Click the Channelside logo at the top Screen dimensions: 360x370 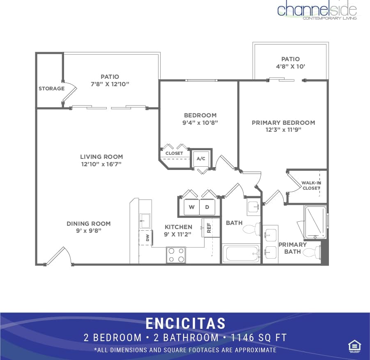pyautogui.click(x=317, y=10)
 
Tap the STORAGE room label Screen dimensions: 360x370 pyautogui.click(x=51, y=89)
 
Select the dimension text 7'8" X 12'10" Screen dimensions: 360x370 pyautogui.click(x=110, y=84)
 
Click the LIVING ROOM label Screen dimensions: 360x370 pyautogui.click(x=101, y=157)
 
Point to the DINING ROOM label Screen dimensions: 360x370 pyautogui.click(x=89, y=224)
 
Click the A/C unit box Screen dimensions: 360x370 pyautogui.click(x=201, y=158)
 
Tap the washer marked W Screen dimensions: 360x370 pyautogui.click(x=191, y=207)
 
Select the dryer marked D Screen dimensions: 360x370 pyautogui.click(x=207, y=207)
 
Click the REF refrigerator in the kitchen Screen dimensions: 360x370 pyautogui.click(x=208, y=228)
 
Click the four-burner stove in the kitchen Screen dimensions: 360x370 pyautogui.click(x=176, y=255)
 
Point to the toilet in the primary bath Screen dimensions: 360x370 pyautogui.click(x=313, y=253)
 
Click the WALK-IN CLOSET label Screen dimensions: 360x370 pyautogui.click(x=311, y=186)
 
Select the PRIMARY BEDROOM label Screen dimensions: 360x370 pyautogui.click(x=283, y=123)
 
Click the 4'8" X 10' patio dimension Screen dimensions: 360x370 pyautogui.click(x=290, y=66)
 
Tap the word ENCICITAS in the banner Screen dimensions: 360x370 pyautogui.click(x=185, y=323)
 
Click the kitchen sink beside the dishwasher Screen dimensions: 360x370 pyautogui.click(x=145, y=220)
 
